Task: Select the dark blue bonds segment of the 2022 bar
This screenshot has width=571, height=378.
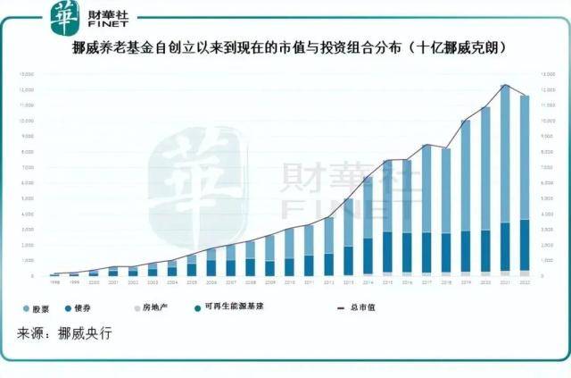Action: [x=525, y=244]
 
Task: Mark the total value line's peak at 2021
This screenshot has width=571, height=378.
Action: [x=505, y=86]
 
